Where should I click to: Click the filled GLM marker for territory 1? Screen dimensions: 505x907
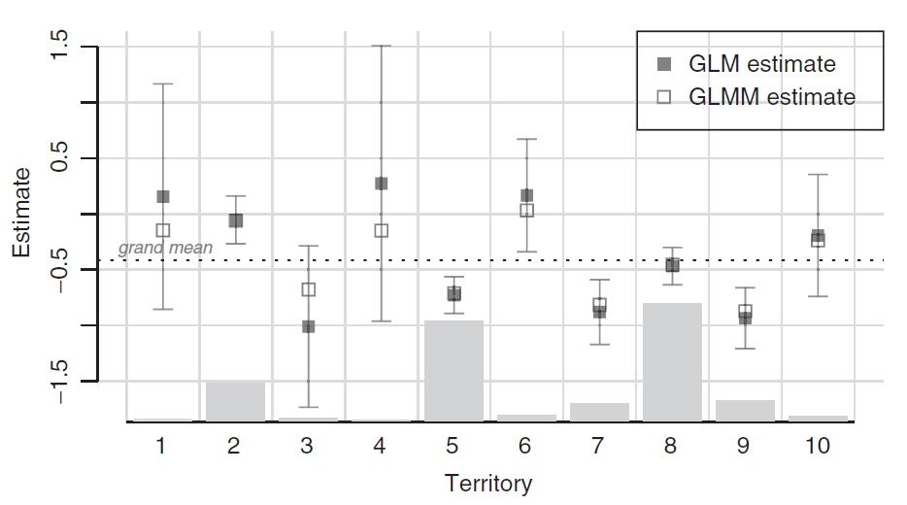point(163,197)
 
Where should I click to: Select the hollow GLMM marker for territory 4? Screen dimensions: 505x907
point(382,230)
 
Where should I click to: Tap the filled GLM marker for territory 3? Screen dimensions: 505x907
point(308,326)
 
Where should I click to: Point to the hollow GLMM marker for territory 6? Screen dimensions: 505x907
point(527,210)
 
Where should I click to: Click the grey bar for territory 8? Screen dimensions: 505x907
point(672,361)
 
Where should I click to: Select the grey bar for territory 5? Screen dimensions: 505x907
point(453,370)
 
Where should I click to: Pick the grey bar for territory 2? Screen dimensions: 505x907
point(235,401)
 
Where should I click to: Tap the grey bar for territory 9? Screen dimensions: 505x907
point(745,411)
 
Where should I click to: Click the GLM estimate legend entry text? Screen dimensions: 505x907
point(761,65)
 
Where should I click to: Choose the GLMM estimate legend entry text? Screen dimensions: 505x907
point(771,97)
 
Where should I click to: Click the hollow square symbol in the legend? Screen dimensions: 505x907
point(664,97)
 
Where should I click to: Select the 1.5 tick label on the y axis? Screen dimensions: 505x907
point(60,47)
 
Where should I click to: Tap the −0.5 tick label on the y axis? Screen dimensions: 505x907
point(60,269)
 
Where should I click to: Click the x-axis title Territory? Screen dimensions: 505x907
point(487,483)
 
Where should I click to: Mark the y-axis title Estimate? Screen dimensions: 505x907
point(21,213)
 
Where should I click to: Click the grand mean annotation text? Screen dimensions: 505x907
point(165,248)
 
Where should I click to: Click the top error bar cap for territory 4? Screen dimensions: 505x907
point(381,46)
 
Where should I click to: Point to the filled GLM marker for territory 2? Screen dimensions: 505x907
point(236,220)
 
